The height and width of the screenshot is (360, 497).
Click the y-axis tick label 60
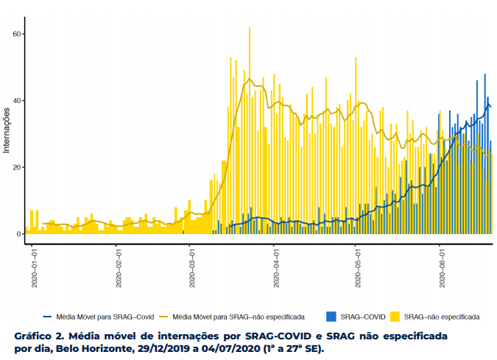tap(16, 34)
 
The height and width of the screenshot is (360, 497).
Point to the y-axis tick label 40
tap(16, 101)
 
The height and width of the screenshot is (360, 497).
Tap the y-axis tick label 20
tap(16, 167)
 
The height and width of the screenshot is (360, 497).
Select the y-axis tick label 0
tap(18, 234)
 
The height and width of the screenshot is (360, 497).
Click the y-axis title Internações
tap(7, 130)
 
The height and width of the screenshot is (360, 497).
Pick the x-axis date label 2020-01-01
tap(34, 268)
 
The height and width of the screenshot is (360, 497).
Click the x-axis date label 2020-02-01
tap(119, 268)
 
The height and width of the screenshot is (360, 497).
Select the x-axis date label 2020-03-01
tap(192, 268)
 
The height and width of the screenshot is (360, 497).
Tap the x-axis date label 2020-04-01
tap(276, 268)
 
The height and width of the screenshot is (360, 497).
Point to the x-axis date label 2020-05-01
tap(358, 268)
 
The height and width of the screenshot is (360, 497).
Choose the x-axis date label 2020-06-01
tap(443, 268)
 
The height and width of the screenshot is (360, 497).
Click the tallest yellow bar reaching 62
tap(250, 130)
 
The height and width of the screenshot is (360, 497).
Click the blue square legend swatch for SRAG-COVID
tap(331, 317)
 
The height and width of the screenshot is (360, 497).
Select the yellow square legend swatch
tap(395, 317)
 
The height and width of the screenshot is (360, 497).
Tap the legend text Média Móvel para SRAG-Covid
tap(105, 317)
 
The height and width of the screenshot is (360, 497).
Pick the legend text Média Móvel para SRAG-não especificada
tap(239, 317)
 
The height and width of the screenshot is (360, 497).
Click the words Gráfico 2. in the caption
tap(40, 336)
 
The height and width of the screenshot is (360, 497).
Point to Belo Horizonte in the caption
tap(94, 349)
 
